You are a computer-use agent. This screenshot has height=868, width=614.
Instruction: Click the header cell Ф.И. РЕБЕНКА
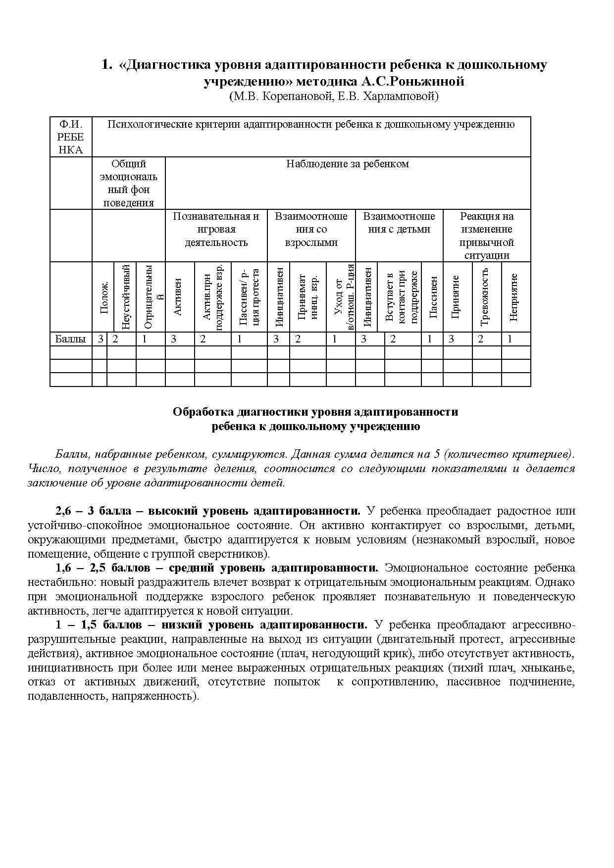tap(71, 137)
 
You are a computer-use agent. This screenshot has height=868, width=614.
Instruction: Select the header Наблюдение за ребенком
tap(348, 164)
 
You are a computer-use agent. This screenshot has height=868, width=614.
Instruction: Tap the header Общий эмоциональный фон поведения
tap(129, 183)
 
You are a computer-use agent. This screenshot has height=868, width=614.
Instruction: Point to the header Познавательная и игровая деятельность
tap(216, 229)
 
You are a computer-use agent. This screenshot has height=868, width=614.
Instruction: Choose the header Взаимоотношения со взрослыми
tap(311, 229)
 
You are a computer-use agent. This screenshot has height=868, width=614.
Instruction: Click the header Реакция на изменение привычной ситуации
tap(487, 236)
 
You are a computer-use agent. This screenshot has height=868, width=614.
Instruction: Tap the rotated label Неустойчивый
tap(126, 297)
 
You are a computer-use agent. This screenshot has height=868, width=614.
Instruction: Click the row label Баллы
tap(70, 339)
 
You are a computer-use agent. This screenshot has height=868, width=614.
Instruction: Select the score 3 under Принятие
tap(451, 339)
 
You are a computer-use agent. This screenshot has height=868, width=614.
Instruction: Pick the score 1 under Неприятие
tap(510, 339)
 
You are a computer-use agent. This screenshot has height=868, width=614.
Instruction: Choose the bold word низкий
tap(181, 625)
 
